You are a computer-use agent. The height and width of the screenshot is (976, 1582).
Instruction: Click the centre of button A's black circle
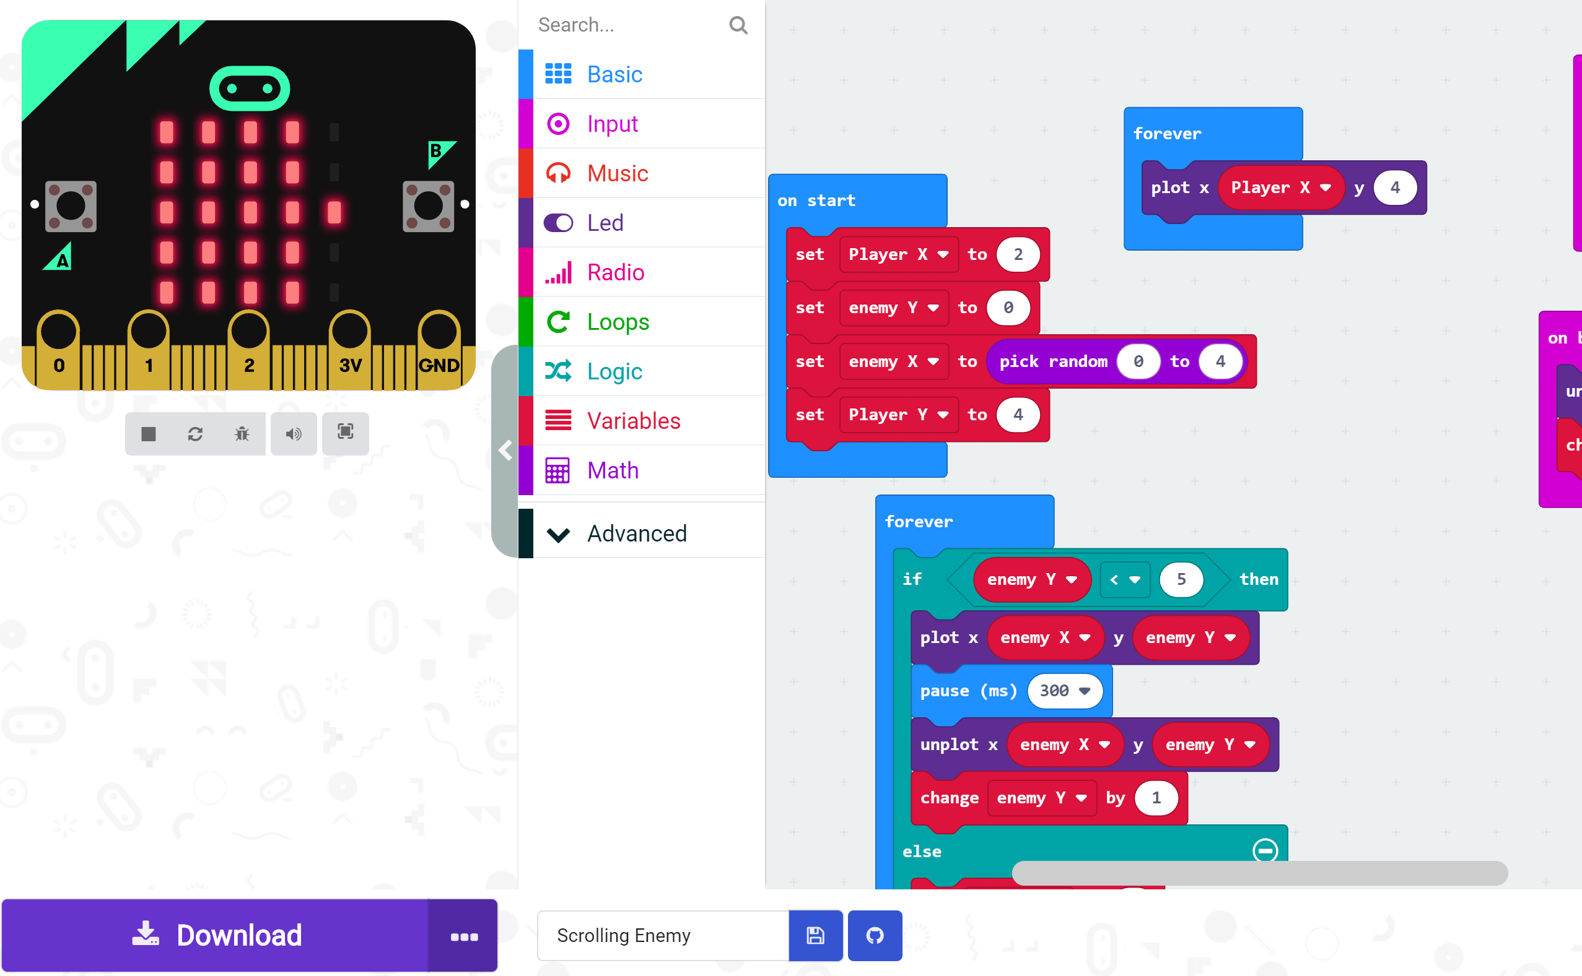[71, 206]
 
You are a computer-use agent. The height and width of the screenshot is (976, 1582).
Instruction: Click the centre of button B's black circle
[428, 206]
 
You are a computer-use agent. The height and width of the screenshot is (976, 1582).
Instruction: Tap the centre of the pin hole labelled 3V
[350, 331]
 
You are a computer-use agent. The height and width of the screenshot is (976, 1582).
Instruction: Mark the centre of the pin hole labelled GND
[439, 331]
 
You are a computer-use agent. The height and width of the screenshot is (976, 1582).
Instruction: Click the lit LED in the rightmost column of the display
[334, 212]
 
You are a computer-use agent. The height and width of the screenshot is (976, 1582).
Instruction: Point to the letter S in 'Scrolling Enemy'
[562, 935]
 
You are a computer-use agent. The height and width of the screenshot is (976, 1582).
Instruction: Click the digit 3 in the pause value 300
[1044, 691]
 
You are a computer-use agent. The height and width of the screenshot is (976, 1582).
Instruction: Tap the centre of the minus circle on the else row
[1265, 851]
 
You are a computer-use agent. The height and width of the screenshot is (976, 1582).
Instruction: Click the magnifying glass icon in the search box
[738, 25]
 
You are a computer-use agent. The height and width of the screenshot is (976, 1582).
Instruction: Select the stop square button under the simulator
[149, 434]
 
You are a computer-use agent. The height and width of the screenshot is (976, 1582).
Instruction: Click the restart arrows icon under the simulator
[195, 434]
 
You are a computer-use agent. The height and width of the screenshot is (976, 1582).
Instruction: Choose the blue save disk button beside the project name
[815, 935]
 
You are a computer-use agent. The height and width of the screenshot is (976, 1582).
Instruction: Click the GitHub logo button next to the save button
[875, 935]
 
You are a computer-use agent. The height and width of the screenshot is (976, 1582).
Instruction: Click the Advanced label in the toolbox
[637, 534]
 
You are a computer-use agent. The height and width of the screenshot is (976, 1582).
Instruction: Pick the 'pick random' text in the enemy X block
[1053, 361]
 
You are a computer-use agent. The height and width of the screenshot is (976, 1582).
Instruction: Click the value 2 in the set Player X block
[1018, 254]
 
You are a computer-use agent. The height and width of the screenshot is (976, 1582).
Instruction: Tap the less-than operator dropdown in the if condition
[1124, 580]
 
